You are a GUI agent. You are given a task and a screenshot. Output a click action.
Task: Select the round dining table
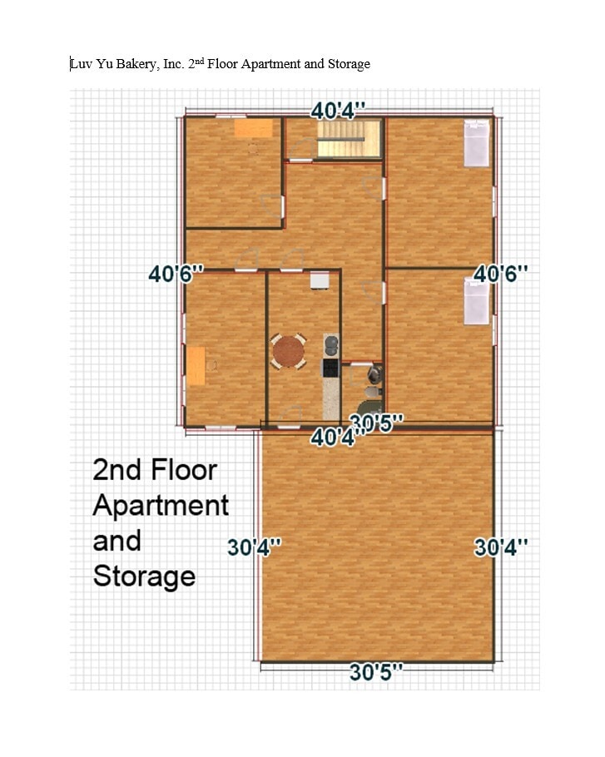289,350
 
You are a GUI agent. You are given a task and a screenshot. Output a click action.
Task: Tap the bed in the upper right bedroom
476,143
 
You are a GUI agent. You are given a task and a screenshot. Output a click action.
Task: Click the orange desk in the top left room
253,128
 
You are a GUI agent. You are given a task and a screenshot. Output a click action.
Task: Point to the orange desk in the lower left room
196,366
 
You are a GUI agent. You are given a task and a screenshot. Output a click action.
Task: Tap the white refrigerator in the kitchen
320,280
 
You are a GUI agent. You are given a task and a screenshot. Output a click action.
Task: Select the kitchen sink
331,344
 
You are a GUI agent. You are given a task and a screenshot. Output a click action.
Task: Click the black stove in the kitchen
331,367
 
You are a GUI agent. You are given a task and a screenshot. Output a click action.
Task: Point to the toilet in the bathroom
371,389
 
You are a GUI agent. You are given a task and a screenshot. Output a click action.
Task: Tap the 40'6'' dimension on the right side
501,274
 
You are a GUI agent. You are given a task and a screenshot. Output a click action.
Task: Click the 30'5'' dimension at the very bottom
376,672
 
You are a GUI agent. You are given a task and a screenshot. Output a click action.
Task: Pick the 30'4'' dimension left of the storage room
255,547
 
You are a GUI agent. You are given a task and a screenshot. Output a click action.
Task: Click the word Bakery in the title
127,64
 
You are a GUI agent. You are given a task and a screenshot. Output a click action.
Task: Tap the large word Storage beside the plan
144,576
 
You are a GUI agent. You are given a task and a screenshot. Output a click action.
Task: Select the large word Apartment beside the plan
161,505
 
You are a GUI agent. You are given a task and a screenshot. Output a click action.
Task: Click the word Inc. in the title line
172,64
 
